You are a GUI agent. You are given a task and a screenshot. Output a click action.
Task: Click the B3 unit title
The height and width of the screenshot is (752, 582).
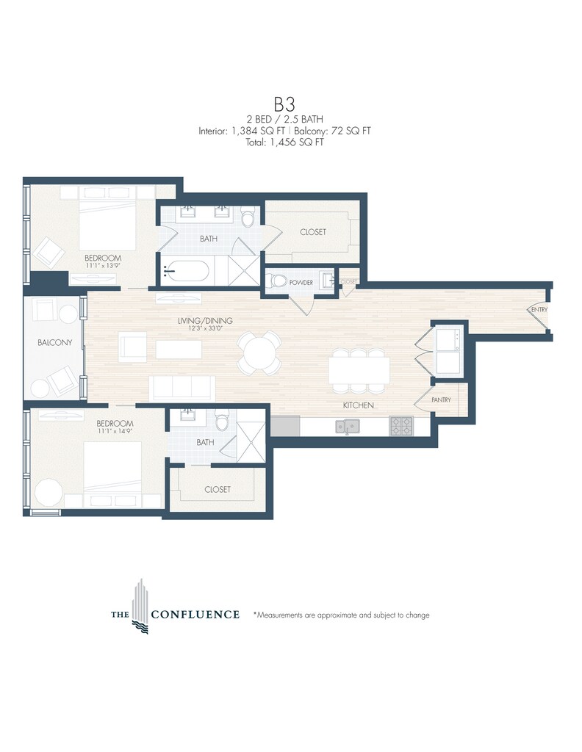pyautogui.click(x=284, y=104)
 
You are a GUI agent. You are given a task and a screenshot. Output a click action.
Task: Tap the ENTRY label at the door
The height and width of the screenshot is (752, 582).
pyautogui.click(x=539, y=310)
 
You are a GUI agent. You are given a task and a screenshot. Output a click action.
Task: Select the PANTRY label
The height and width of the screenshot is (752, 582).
pyautogui.click(x=441, y=399)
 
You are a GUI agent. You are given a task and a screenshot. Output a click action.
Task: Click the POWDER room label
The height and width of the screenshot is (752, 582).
pyautogui.click(x=301, y=283)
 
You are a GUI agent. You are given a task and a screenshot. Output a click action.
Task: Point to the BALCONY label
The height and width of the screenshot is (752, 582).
pyautogui.click(x=54, y=342)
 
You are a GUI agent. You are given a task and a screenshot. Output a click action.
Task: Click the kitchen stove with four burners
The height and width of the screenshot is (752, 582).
pyautogui.click(x=401, y=426)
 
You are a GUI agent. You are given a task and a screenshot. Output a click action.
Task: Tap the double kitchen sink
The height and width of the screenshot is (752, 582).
pyautogui.click(x=348, y=426)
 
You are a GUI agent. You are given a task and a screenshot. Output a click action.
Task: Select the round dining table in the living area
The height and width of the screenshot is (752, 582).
pyautogui.click(x=259, y=354)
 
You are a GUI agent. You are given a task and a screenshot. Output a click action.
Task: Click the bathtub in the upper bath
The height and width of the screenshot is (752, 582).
pyautogui.click(x=186, y=272)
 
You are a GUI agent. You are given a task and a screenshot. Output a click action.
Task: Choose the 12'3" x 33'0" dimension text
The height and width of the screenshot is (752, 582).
pyautogui.click(x=205, y=328)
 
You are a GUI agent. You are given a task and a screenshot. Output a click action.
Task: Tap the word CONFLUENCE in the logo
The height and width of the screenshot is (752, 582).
pyautogui.click(x=195, y=615)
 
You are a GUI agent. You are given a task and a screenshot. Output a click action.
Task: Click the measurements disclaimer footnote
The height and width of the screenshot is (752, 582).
pyautogui.click(x=342, y=615)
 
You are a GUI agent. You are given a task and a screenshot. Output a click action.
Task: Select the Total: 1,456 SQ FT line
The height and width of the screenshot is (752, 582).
pyautogui.click(x=284, y=142)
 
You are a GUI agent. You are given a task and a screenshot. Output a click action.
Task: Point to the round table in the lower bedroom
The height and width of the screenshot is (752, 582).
pyautogui.click(x=47, y=492)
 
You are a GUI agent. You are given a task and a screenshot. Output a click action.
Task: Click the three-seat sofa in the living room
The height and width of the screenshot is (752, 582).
pyautogui.click(x=182, y=388)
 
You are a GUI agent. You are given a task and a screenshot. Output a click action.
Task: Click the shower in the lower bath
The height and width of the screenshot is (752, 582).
pyautogui.click(x=251, y=435)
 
